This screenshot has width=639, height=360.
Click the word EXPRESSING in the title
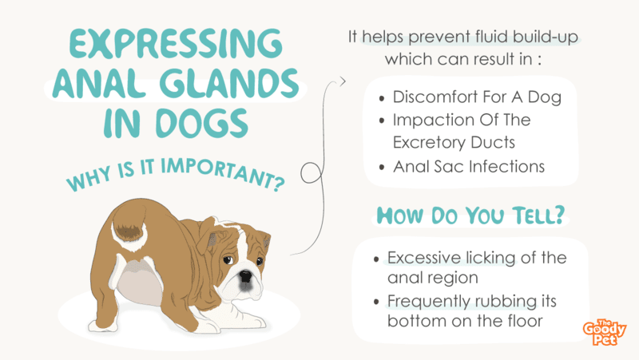[x=176, y=43]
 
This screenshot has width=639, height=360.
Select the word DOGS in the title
[x=202, y=123]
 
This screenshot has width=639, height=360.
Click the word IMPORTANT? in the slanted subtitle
[x=223, y=174]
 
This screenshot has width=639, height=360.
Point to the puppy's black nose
[x=246, y=275]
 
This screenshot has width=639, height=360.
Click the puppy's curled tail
[x=129, y=229]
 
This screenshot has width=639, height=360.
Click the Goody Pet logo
[x=604, y=332]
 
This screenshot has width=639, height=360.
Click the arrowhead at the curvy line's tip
[x=343, y=81]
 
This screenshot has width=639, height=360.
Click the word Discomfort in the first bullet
[x=435, y=97]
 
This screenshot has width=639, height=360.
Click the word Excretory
[x=429, y=143]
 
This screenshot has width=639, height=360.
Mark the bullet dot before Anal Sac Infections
[x=382, y=167]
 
